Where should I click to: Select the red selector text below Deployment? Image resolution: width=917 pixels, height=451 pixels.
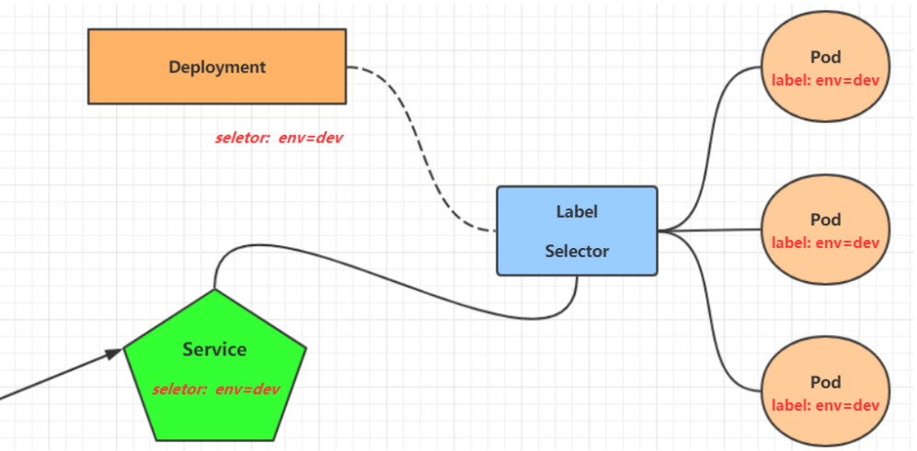point(279,139)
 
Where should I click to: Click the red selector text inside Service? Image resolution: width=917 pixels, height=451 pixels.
point(215,389)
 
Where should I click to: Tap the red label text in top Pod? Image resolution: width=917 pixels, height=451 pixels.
point(825,80)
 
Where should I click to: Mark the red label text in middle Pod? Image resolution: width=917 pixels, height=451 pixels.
point(825,243)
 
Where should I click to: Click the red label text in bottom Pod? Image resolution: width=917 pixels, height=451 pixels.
point(825,405)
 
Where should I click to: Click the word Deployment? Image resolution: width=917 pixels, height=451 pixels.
point(217,67)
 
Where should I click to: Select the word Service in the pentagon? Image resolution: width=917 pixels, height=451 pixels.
point(214,349)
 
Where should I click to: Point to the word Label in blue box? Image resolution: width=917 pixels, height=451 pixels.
point(577,211)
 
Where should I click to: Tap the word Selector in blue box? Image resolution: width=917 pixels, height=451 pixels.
point(577,251)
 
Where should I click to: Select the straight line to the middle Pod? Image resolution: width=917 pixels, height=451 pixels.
point(713,231)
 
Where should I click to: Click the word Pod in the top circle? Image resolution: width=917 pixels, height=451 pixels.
point(825,58)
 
